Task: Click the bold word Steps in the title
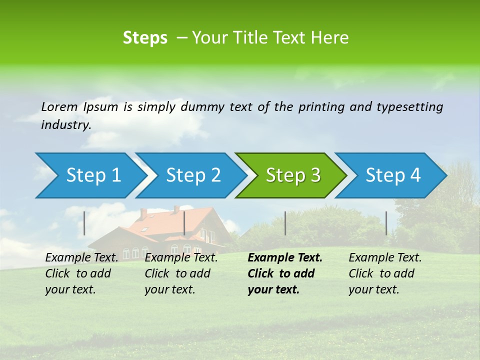(x=145, y=38)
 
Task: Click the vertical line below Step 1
(x=84, y=223)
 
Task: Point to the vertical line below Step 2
(x=184, y=223)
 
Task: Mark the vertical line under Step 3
(x=285, y=223)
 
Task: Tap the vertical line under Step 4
(x=386, y=223)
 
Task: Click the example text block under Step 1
(x=81, y=273)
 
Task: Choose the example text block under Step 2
(x=181, y=273)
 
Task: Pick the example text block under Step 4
(x=385, y=273)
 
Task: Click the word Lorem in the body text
(x=59, y=106)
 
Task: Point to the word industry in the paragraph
(x=66, y=124)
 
